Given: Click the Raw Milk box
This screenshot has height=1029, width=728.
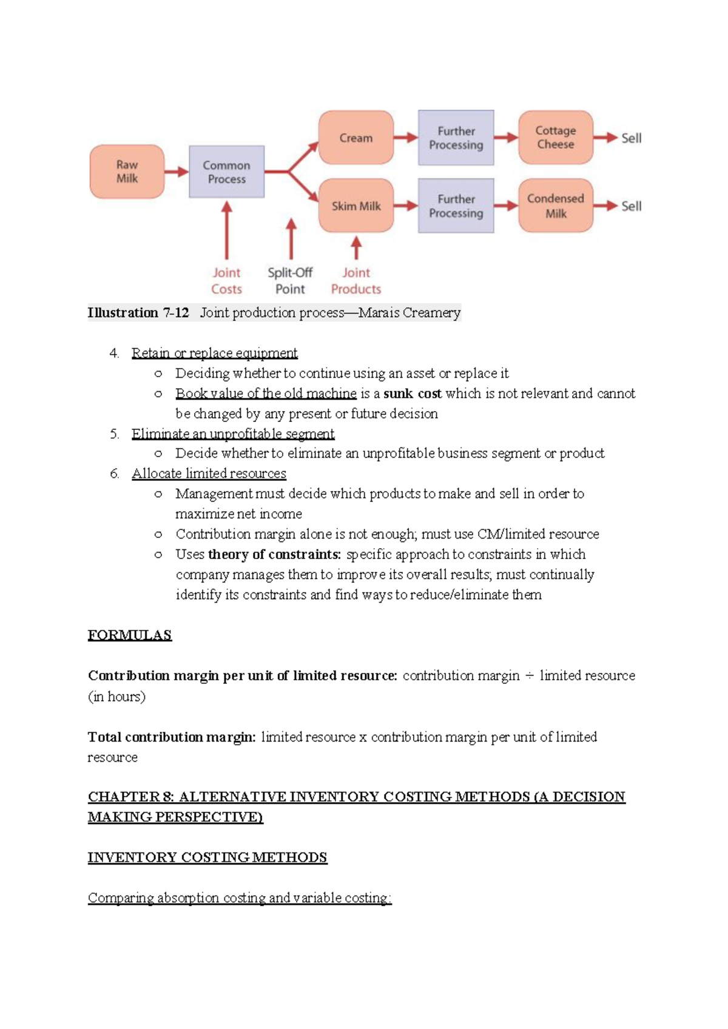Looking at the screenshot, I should pos(127,172).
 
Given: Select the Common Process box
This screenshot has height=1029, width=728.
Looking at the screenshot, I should pos(226,172).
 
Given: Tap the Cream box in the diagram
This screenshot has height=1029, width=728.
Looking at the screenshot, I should pos(356,138).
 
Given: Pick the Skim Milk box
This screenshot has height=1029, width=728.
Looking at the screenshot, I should pos(356,206).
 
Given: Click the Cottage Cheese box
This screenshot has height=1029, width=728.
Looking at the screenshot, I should pos(556,138).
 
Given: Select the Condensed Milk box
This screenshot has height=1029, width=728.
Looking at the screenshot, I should pos(556,206).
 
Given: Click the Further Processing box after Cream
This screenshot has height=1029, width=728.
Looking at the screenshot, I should pos(456,138).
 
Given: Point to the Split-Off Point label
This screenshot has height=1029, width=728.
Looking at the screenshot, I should pos(290,281).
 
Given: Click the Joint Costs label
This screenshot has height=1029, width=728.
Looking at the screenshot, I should pos(226,281).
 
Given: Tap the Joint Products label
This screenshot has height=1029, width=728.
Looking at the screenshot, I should pos(356,281).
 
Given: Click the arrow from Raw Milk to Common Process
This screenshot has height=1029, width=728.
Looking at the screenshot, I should pos(177,172).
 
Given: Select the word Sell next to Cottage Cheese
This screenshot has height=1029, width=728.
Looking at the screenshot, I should pos(631,138).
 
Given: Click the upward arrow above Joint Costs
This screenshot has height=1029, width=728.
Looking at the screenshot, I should pos(226,230).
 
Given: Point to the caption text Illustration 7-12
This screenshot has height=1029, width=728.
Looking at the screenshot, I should pos(138,313).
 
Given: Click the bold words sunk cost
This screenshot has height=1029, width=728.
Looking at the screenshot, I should pos(413,394).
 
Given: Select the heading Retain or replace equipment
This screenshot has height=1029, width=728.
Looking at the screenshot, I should pos(214,353).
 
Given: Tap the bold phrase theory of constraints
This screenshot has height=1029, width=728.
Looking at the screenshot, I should pos(274,554).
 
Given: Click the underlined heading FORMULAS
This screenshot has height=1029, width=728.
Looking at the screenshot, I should pos(130,635).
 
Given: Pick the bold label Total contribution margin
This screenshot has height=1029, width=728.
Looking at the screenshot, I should pos(172,737).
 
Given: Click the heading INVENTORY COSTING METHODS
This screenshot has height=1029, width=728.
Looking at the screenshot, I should pos(207,857).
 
